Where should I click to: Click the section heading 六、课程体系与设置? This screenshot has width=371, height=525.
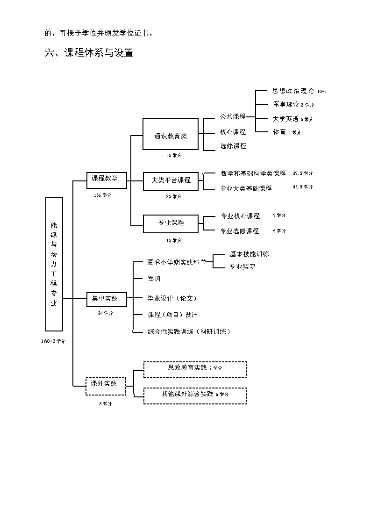coord(89,53)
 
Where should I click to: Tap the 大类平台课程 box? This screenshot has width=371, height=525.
coord(171,180)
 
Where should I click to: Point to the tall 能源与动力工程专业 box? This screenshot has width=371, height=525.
coord(54,264)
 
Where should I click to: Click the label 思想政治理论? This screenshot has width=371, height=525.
coord(293,91)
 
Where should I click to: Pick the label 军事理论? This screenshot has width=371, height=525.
coord(286,105)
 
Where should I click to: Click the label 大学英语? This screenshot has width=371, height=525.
coord(285,119)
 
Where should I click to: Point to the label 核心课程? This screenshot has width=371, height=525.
coord(233,132)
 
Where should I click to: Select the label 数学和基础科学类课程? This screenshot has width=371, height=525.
coord(253,174)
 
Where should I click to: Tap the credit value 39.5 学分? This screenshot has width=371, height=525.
coord(303,173)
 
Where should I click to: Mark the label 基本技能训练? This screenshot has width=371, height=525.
coord(250,254)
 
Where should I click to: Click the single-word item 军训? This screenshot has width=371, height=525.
coord(154,279)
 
